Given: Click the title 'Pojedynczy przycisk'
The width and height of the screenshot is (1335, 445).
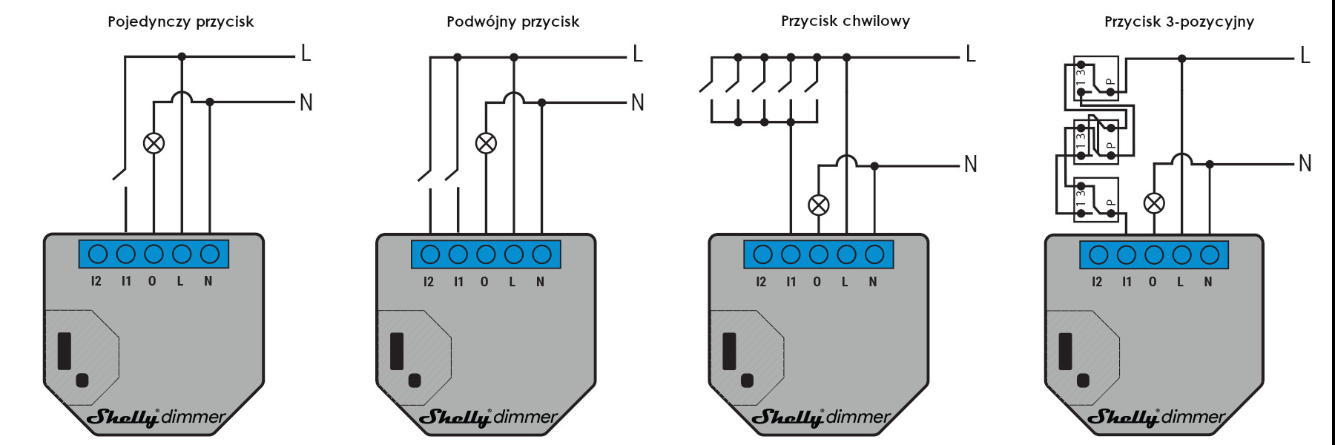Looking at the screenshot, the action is click(180, 22).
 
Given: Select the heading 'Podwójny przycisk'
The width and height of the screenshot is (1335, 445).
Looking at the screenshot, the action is click(512, 22).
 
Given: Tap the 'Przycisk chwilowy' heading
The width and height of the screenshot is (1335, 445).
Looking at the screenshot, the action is click(845, 21).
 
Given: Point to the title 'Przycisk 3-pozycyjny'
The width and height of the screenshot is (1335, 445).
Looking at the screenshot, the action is click(1179, 22).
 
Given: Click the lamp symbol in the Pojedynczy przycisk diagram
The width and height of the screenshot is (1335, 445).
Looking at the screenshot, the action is click(154, 143).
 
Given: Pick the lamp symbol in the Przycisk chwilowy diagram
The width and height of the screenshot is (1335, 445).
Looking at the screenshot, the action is click(819, 205).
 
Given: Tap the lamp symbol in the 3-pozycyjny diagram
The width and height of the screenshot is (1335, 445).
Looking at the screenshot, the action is click(1154, 203).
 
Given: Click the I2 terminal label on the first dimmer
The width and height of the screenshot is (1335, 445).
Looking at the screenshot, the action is click(96, 281).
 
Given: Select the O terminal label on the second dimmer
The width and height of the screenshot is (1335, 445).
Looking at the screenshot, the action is click(484, 282).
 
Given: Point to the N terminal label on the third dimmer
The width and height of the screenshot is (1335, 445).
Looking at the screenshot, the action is click(873, 282).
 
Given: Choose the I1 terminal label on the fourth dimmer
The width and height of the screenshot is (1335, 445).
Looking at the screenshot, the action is click(1127, 282).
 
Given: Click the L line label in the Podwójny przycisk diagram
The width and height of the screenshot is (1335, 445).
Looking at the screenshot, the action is click(638, 54).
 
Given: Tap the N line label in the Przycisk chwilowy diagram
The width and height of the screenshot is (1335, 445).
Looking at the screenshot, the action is click(971, 164).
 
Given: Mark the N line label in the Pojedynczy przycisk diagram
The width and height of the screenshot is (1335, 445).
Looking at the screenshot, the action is click(306, 102).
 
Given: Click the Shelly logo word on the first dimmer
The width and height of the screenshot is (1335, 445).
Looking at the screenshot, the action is click(123, 418).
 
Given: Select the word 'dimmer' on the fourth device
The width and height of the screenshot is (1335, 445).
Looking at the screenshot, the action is click(1194, 417).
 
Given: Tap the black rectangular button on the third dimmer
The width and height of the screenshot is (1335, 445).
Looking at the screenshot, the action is click(729, 352).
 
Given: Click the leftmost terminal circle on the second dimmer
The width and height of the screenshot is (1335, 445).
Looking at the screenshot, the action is click(430, 254).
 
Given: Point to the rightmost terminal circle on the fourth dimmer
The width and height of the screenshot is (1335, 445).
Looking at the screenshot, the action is click(1210, 255).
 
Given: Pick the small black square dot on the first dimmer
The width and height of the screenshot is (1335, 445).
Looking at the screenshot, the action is click(82, 380).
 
